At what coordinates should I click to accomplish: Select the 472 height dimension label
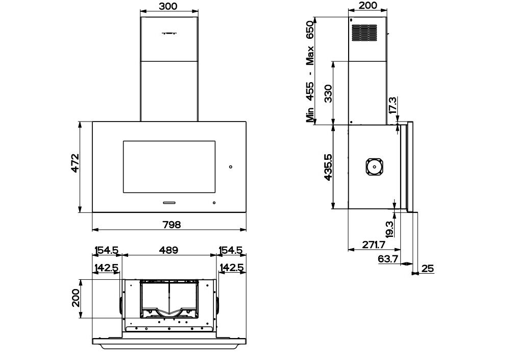point(75,163)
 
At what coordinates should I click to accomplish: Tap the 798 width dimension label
point(172,225)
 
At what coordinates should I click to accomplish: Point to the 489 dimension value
point(169,250)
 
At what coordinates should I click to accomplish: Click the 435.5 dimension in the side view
point(328,167)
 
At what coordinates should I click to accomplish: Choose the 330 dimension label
point(328,93)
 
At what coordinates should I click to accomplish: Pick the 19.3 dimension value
point(389,229)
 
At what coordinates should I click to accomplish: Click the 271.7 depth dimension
point(374,245)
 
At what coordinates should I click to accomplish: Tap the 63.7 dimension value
point(388,259)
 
